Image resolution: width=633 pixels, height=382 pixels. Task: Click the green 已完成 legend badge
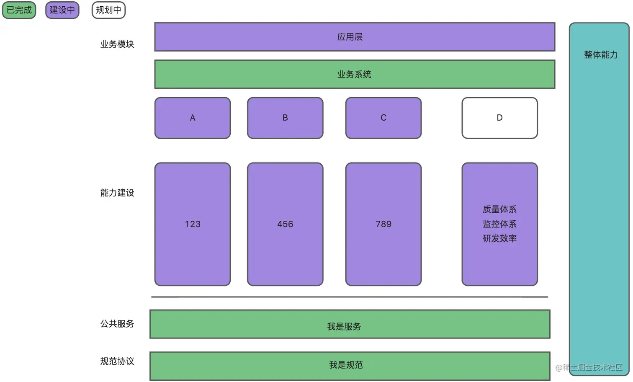click(19, 10)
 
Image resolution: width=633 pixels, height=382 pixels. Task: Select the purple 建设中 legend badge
click(62, 10)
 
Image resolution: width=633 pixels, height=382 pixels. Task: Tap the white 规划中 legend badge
click(108, 10)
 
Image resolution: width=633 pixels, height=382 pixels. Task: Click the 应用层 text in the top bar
click(350, 37)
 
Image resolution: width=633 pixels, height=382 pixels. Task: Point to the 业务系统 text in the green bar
click(354, 75)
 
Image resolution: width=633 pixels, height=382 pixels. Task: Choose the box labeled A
click(193, 118)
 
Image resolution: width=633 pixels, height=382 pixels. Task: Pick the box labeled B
click(285, 118)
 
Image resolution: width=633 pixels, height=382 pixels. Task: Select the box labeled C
click(383, 118)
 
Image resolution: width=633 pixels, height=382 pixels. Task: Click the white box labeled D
click(499, 118)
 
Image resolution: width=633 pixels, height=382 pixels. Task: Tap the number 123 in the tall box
click(193, 224)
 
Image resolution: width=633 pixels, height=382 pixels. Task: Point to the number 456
click(285, 224)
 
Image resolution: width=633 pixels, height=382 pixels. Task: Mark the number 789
click(383, 224)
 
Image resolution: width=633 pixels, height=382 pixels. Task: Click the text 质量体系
click(499, 209)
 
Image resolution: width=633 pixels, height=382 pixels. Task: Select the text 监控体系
click(499, 224)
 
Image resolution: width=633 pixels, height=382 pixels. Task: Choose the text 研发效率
click(499, 239)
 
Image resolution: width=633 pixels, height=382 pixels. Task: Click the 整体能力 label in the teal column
click(601, 55)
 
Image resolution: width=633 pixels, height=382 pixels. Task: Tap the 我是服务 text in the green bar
click(344, 327)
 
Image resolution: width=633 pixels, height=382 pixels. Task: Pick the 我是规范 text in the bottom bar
click(346, 365)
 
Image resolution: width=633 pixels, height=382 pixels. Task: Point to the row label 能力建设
click(117, 193)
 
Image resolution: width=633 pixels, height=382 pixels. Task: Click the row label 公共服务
click(117, 324)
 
